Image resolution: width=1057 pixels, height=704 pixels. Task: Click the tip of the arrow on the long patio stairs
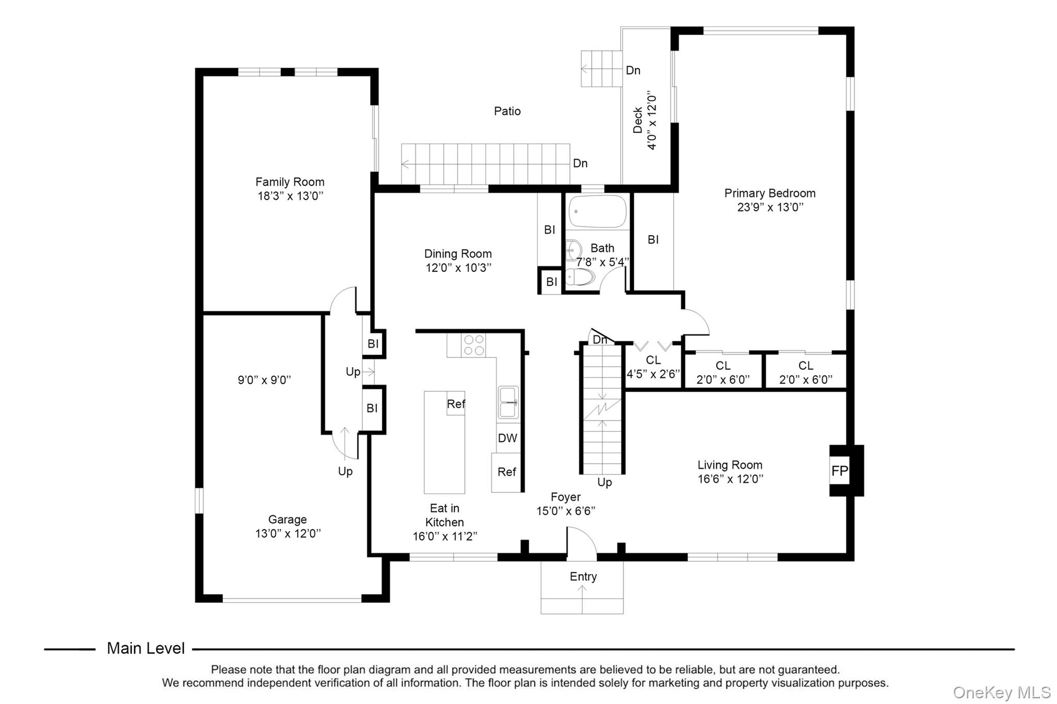tap(402, 165)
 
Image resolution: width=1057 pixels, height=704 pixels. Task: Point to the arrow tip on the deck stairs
tap(582, 69)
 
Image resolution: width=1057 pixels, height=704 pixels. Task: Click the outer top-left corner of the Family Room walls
tap(195, 68)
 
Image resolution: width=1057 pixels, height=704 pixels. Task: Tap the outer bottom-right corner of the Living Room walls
tap(854, 561)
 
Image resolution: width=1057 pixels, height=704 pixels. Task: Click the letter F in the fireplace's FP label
tap(835, 471)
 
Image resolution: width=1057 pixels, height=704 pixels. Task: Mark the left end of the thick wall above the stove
tap(416, 331)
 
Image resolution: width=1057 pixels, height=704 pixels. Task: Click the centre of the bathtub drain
tap(576, 211)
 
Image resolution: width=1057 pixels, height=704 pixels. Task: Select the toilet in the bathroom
tap(580, 276)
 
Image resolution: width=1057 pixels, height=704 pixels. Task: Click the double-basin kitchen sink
tap(508, 402)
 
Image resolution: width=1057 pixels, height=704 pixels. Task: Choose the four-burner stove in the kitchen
tap(474, 345)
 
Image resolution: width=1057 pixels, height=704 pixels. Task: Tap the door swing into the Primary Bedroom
tap(696, 323)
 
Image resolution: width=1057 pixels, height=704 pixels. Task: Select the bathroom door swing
tap(613, 279)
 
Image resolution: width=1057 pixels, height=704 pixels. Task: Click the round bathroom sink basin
tap(573, 251)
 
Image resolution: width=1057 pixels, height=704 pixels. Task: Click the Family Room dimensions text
tap(290, 196)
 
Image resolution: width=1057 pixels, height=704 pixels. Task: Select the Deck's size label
tap(652, 120)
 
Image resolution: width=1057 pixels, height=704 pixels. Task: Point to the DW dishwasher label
tap(507, 438)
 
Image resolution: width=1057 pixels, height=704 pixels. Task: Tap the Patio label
tap(507, 111)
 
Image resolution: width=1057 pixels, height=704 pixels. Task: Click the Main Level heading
tap(146, 648)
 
